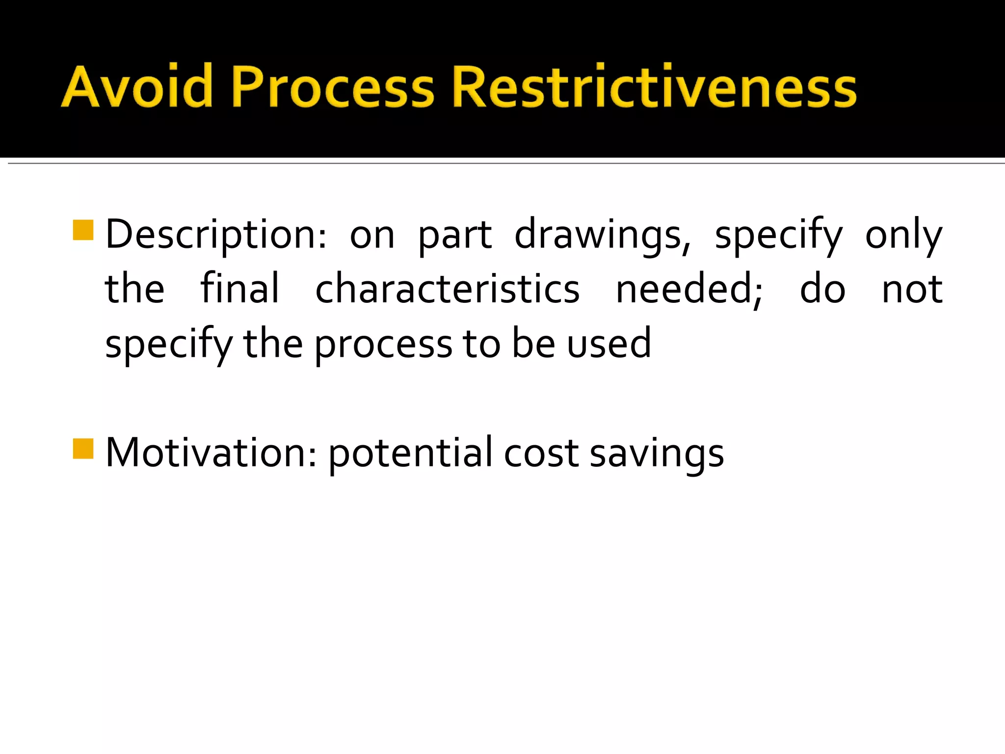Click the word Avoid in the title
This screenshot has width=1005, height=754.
tap(137, 86)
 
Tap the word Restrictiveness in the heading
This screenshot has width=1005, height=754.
tap(654, 86)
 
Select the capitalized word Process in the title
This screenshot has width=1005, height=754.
tap(333, 86)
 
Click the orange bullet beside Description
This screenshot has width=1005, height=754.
tap(83, 230)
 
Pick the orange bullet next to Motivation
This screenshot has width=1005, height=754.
tap(83, 448)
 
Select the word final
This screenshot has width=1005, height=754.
tap(240, 289)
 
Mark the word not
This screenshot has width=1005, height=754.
tap(912, 289)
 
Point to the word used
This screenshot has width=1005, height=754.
tap(609, 343)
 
